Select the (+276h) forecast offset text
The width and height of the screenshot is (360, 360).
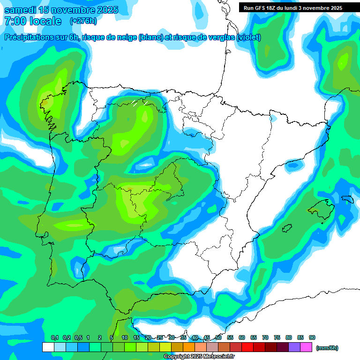(x=83, y=21)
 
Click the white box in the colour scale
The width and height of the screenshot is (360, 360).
(x=48, y=347)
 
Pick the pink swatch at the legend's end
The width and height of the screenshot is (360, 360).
(x=307, y=347)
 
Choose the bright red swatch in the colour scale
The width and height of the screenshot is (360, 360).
(x=247, y=347)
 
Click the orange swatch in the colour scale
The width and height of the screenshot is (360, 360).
(x=189, y=347)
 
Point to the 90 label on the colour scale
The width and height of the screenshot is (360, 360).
(x=312, y=337)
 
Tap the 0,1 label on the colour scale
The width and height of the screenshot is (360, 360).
(x=54, y=337)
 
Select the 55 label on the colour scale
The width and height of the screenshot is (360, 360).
(x=230, y=337)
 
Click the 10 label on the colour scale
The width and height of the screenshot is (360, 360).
(x=125, y=337)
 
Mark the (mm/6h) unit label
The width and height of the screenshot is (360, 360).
(x=327, y=348)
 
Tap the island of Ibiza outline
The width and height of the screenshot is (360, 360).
(x=287, y=228)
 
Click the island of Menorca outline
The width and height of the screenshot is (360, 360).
(x=347, y=199)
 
